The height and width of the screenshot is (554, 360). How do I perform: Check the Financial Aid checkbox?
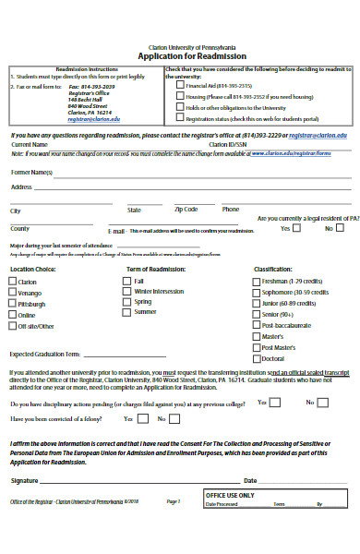point(179,84)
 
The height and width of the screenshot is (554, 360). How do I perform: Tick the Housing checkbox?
point(179,96)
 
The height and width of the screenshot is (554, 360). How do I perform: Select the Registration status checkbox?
point(179,118)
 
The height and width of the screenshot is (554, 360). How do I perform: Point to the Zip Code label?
point(186,209)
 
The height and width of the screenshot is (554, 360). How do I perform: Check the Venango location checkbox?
point(13,292)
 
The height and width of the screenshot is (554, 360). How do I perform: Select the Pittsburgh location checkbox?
point(13,303)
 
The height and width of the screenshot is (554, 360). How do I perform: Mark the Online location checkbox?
point(13,315)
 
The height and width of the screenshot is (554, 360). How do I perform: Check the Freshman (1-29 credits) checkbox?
point(256,280)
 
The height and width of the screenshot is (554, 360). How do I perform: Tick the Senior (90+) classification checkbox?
point(256,314)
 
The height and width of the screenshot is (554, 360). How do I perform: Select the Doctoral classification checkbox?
point(256,358)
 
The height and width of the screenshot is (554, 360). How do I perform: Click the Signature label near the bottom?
point(25,480)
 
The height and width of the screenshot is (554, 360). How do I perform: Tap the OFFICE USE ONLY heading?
point(229,495)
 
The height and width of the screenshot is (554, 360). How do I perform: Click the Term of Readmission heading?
point(155,269)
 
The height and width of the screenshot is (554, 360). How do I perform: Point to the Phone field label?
point(230,209)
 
